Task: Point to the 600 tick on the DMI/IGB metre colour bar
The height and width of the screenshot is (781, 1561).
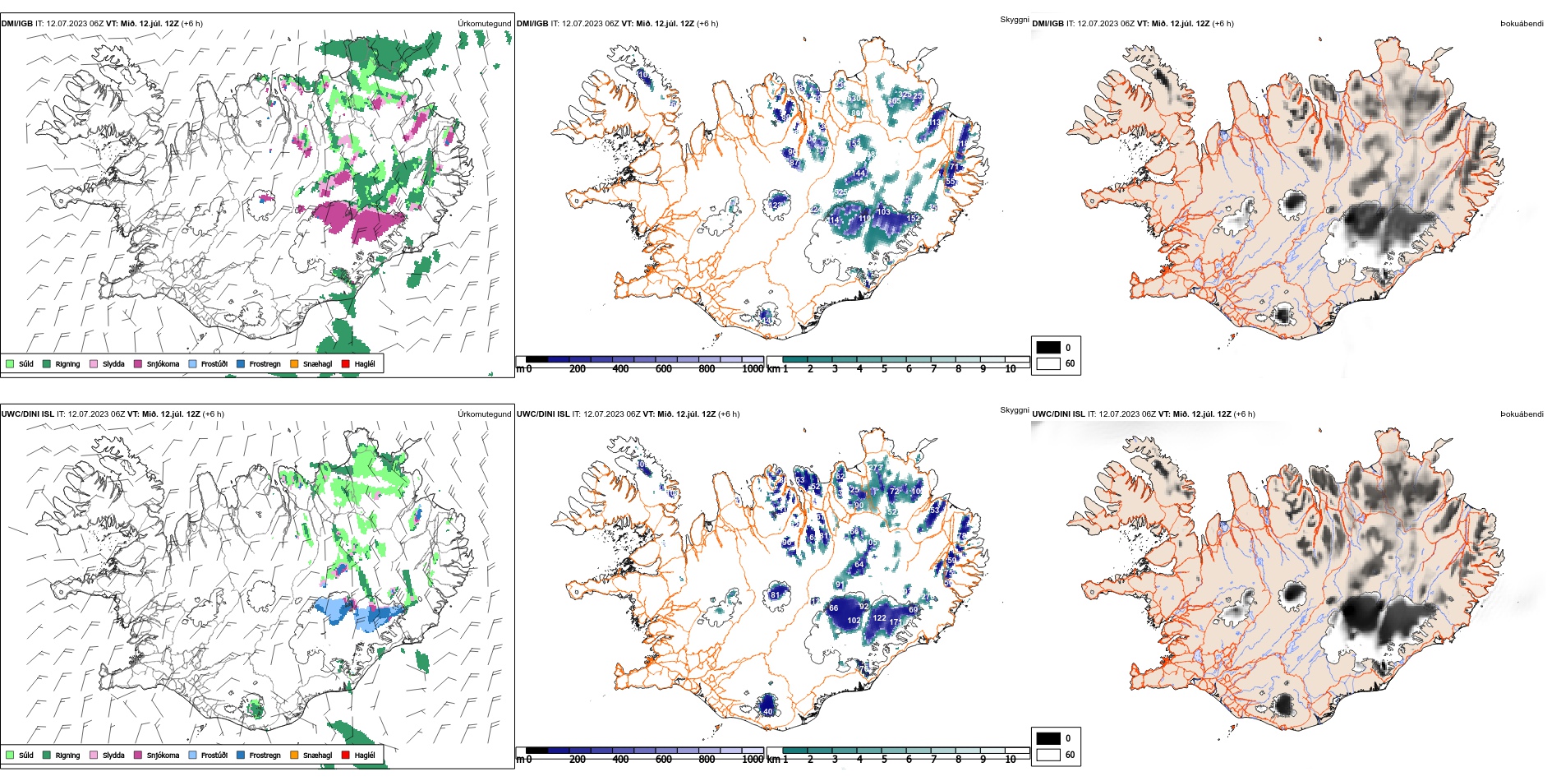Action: [663, 369]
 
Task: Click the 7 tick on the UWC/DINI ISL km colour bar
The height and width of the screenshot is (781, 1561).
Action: [933, 760]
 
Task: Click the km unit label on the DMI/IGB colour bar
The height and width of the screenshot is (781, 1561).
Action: [773, 369]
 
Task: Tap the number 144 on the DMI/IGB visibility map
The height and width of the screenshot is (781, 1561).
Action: [859, 173]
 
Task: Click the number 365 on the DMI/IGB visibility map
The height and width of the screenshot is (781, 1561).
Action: [894, 101]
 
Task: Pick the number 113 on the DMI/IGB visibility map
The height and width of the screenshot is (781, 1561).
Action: [934, 123]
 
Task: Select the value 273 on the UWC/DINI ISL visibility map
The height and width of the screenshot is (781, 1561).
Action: [876, 468]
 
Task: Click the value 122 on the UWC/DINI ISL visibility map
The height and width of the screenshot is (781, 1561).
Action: [879, 618]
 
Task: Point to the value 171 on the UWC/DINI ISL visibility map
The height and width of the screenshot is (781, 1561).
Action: [896, 622]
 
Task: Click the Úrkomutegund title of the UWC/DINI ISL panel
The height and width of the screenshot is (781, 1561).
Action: [484, 414]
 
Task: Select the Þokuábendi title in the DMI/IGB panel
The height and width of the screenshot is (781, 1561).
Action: [1522, 24]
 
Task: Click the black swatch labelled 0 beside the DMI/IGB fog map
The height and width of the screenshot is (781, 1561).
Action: [1048, 348]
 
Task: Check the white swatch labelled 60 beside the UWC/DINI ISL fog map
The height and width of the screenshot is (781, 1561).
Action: [1048, 755]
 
